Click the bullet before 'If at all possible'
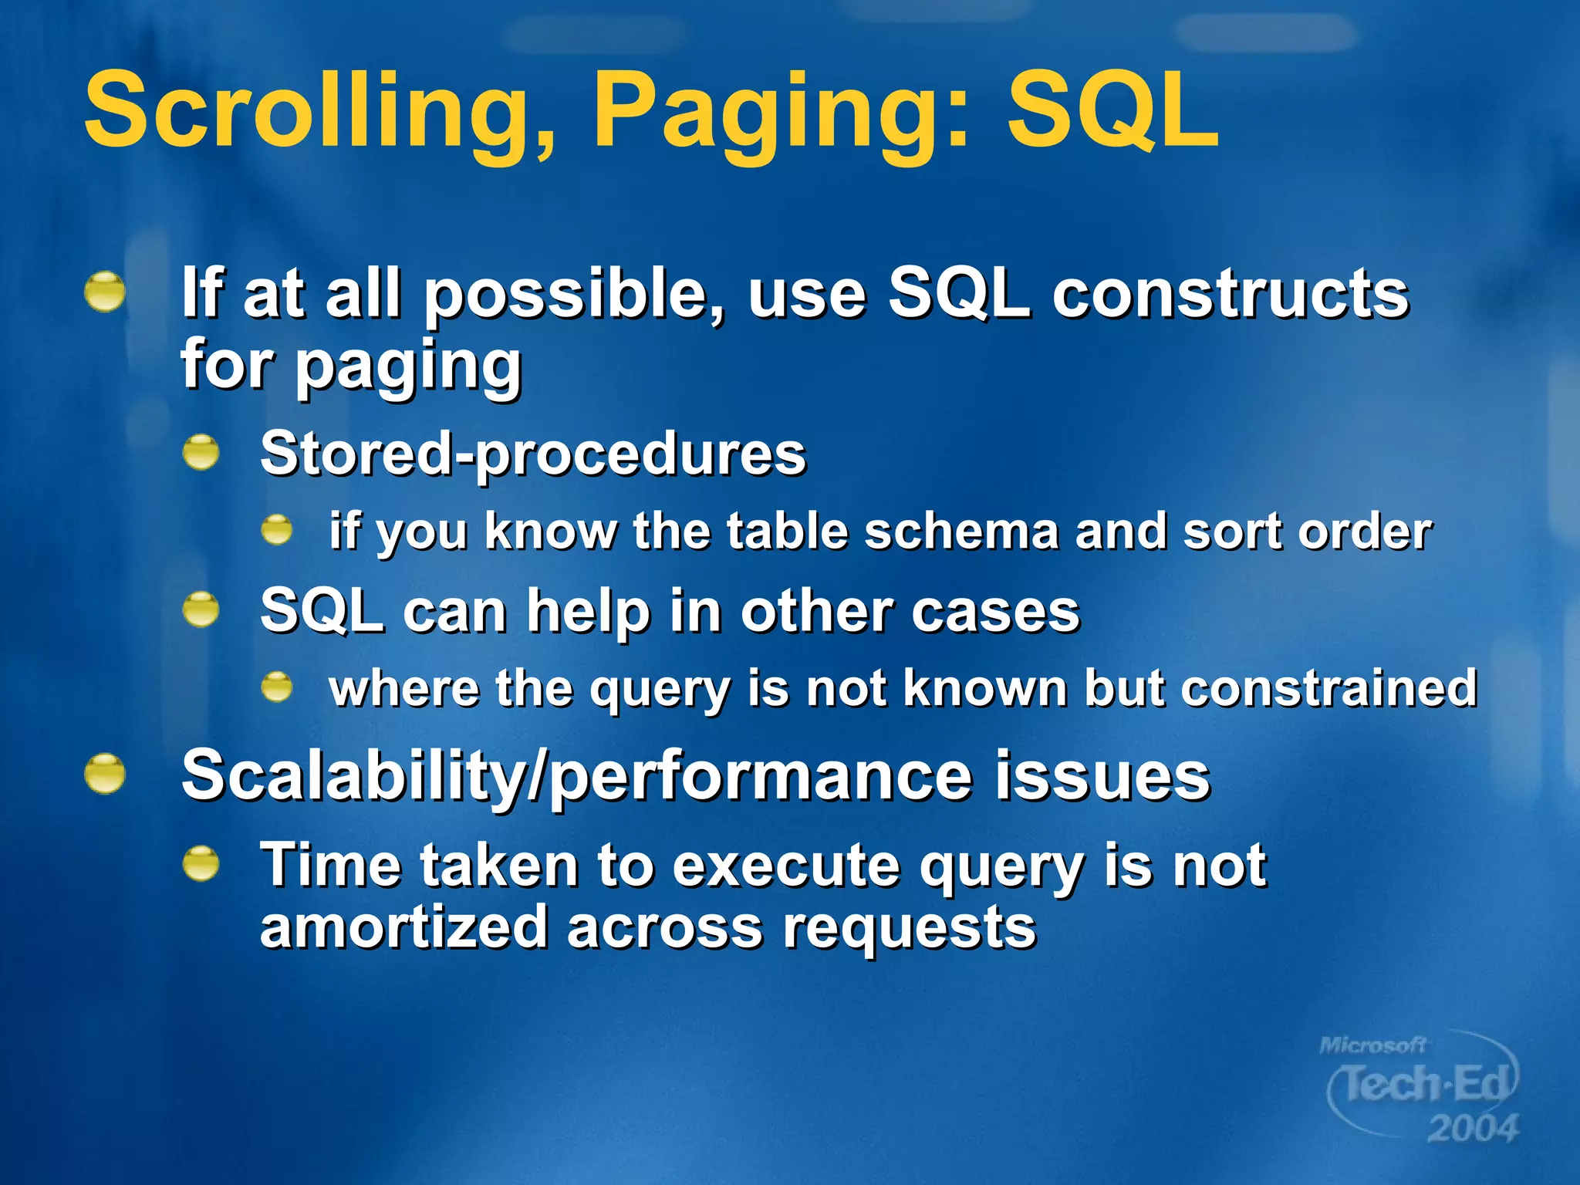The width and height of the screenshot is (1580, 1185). coord(105,292)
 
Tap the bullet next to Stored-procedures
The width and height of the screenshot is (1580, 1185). coord(201,452)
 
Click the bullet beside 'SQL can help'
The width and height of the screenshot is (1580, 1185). coord(201,609)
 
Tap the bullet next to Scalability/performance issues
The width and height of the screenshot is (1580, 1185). coord(105,774)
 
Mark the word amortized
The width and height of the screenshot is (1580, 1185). coord(403,928)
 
